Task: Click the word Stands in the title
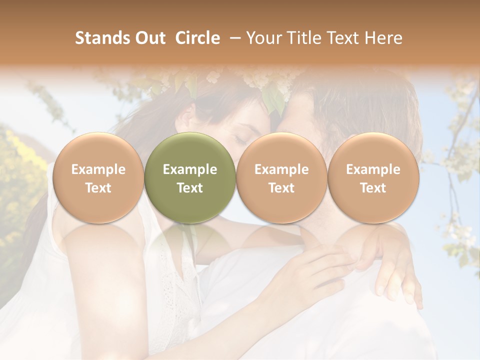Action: click(100, 38)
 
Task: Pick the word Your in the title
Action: click(263, 38)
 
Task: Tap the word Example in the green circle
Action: click(190, 169)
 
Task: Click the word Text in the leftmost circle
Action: click(98, 188)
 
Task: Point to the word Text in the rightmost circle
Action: click(373, 188)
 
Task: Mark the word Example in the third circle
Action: click(281, 169)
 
